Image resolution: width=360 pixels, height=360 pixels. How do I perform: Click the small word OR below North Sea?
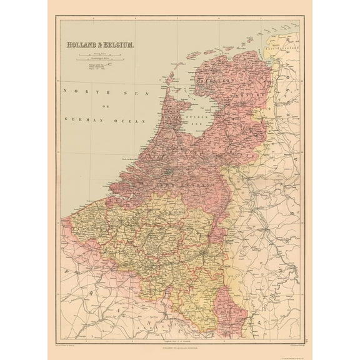tap(104, 105)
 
